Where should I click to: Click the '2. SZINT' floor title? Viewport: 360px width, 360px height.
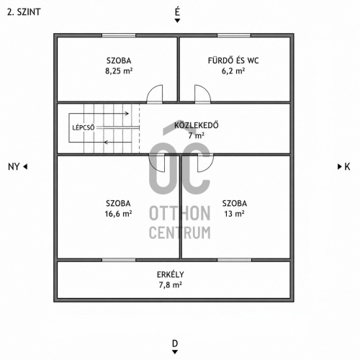[x=24, y=12]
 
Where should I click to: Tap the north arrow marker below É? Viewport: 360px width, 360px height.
[x=177, y=21]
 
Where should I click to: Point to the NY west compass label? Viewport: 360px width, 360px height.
[x=14, y=166]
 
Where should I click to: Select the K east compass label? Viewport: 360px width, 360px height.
[x=347, y=166]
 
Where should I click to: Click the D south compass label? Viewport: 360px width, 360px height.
[x=175, y=343]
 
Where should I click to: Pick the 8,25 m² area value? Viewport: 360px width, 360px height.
[x=119, y=71]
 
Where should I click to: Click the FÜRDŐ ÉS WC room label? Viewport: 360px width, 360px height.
[x=233, y=60]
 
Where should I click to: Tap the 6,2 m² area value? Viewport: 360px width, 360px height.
[x=233, y=71]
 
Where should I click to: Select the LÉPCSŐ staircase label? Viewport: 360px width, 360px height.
[x=84, y=127]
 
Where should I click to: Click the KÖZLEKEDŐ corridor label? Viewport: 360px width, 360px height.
[x=197, y=125]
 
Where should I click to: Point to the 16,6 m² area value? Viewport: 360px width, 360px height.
[x=118, y=214]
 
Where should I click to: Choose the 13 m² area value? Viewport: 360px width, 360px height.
[x=234, y=214]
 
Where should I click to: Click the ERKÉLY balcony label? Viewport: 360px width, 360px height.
[x=171, y=274]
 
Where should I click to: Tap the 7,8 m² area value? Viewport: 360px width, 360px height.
[x=171, y=285]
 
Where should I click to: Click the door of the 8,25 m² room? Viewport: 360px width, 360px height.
[x=155, y=94]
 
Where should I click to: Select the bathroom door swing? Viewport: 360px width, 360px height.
[x=203, y=94]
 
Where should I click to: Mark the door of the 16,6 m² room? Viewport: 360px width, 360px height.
[x=157, y=163]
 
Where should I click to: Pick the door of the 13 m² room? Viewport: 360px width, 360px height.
[x=205, y=163]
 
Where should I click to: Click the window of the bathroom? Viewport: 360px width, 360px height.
[x=234, y=35]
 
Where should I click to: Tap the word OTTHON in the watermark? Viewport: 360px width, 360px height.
[x=180, y=213]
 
